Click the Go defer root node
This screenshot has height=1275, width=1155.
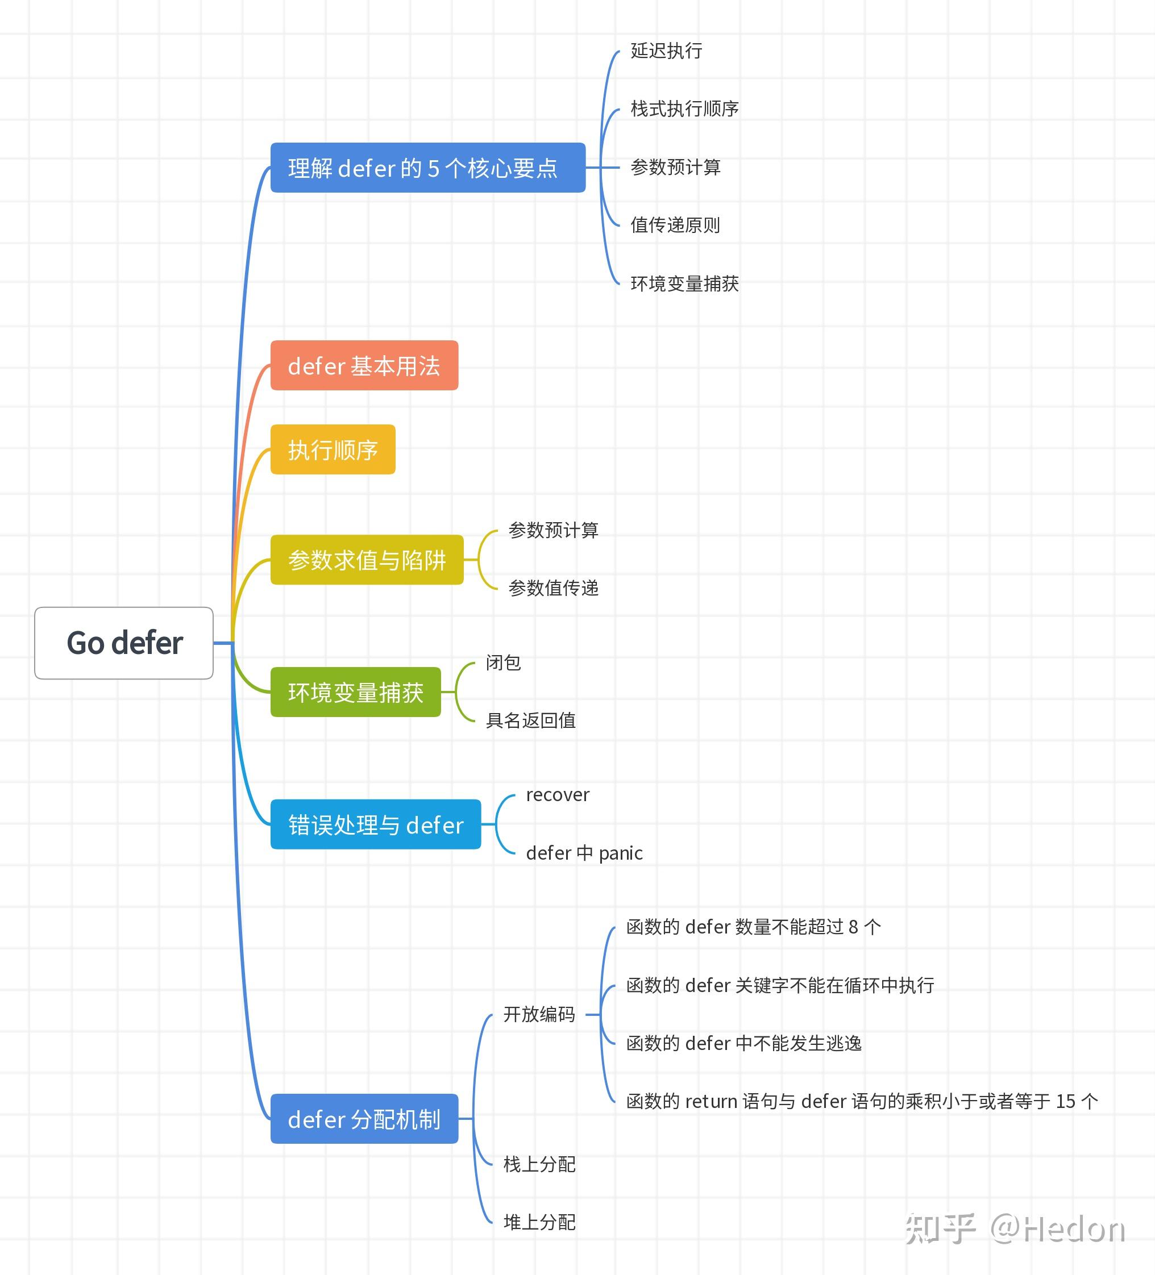coord(124,643)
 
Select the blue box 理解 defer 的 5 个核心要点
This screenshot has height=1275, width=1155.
coord(427,168)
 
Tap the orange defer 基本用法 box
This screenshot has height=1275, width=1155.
coord(364,365)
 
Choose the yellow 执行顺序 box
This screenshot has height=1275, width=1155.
coord(333,449)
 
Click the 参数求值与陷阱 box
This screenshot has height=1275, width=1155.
coord(367,560)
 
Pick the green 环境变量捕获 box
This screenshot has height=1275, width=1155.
coord(355,692)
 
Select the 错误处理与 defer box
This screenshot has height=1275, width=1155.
coord(376,824)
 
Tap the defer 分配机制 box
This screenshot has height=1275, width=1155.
coord(364,1119)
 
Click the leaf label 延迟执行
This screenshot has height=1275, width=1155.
coord(666,51)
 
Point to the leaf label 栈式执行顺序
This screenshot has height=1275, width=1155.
coord(684,109)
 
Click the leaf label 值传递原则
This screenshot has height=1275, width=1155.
coord(675,225)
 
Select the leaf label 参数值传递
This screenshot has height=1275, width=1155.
coord(554,588)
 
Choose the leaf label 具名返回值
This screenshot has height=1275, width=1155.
coord(530,720)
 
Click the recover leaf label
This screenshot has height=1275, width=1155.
coord(557,794)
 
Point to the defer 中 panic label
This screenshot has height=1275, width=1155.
coord(584,853)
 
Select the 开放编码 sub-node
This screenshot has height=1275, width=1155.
coord(539,1014)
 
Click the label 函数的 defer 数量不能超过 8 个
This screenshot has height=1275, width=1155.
coord(753,927)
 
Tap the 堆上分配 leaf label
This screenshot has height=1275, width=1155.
coord(539,1222)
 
